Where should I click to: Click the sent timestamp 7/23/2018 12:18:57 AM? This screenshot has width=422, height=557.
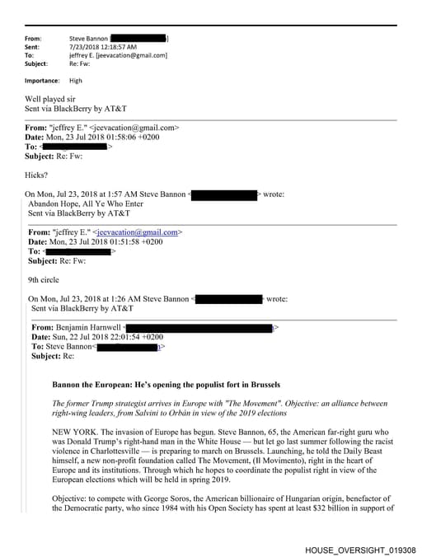point(102,47)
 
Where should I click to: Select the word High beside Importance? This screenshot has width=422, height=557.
point(76,81)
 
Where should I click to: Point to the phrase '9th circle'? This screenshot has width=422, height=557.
point(44,280)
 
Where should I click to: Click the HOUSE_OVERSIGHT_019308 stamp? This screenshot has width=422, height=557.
point(360,549)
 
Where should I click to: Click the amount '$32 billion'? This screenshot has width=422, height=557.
point(317,508)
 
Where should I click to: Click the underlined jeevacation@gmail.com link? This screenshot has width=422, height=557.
point(138,232)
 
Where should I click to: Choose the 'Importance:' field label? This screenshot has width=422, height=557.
point(42,81)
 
